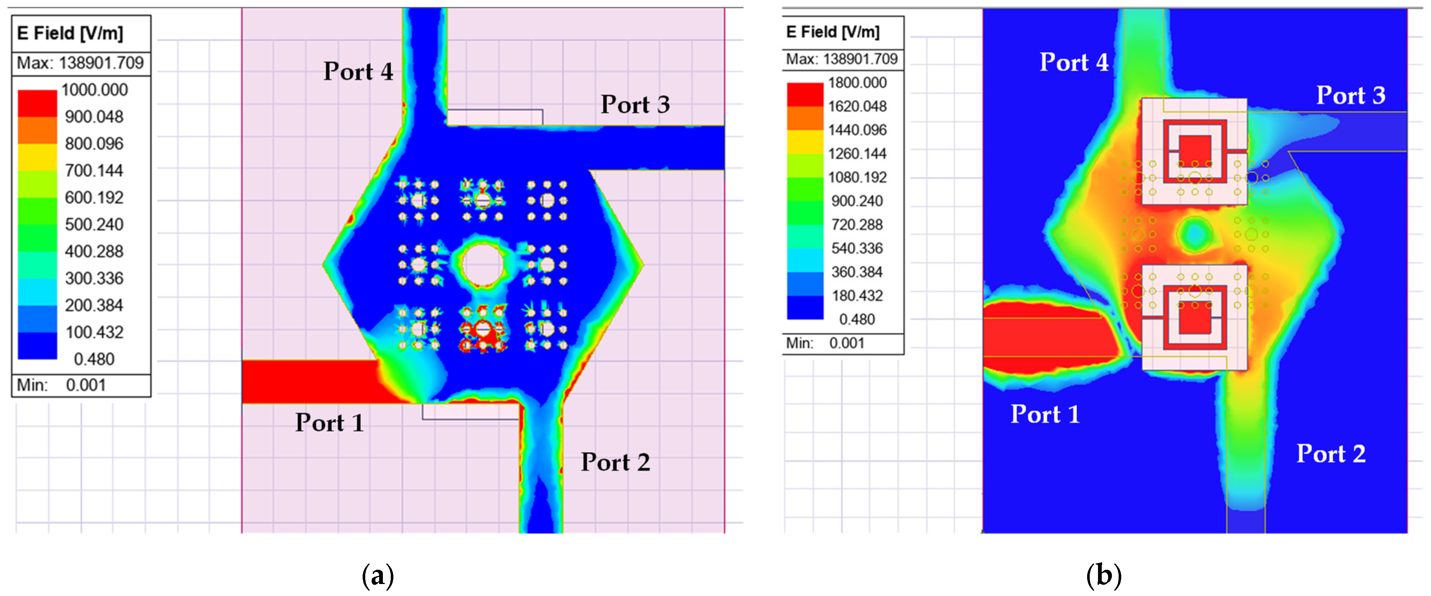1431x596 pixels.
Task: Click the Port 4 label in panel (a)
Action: (358, 72)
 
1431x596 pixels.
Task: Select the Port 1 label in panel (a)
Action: (329, 423)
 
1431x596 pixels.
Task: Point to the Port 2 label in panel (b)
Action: (1330, 454)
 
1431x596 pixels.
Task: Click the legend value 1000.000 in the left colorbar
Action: (94, 90)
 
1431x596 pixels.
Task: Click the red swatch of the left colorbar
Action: (37, 103)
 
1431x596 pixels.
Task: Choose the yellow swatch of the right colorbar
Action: (805, 142)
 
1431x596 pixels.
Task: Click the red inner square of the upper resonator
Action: (1194, 151)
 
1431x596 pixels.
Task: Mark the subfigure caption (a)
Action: (378, 575)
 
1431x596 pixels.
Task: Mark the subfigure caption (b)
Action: (1103, 575)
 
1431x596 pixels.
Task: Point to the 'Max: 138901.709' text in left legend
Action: (81, 63)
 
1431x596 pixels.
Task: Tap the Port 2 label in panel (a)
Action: (615, 462)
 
